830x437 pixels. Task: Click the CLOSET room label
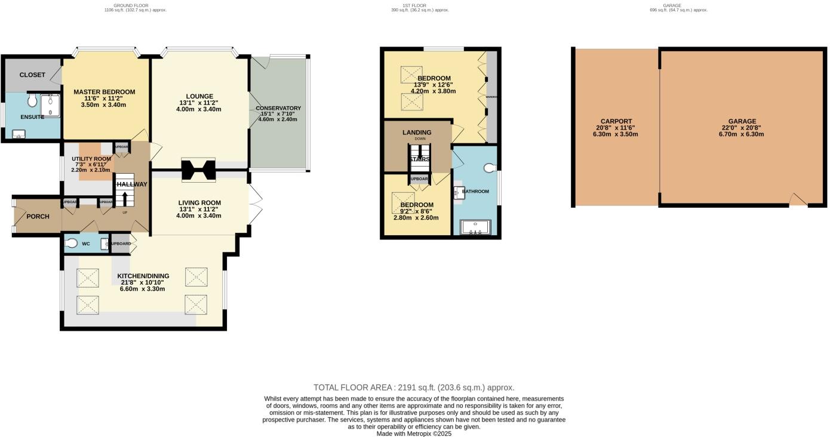(x=32, y=75)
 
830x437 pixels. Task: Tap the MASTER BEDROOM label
(x=104, y=92)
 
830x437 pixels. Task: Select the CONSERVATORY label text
(x=278, y=108)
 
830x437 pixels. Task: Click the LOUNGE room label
(x=199, y=96)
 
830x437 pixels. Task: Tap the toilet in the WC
(x=71, y=243)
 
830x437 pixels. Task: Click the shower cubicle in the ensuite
(x=51, y=104)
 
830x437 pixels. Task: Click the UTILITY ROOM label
(x=91, y=159)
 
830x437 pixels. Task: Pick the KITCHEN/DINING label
(x=143, y=276)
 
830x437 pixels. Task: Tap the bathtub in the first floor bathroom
(x=475, y=228)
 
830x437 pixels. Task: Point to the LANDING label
(x=417, y=133)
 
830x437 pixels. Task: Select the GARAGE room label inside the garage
(x=742, y=121)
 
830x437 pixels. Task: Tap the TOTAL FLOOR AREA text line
(x=414, y=387)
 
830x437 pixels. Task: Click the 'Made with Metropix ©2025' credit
(x=414, y=434)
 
